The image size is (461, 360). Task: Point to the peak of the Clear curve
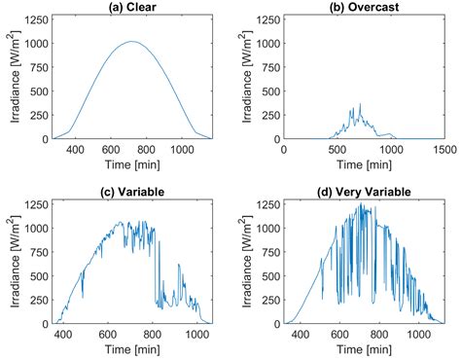tap(132, 42)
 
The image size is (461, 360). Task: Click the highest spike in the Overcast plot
tap(360, 104)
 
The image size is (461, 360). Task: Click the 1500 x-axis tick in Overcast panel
tap(442, 149)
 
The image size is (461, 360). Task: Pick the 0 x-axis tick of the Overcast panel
tap(283, 149)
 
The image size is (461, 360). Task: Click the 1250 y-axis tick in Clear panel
tap(35, 18)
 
